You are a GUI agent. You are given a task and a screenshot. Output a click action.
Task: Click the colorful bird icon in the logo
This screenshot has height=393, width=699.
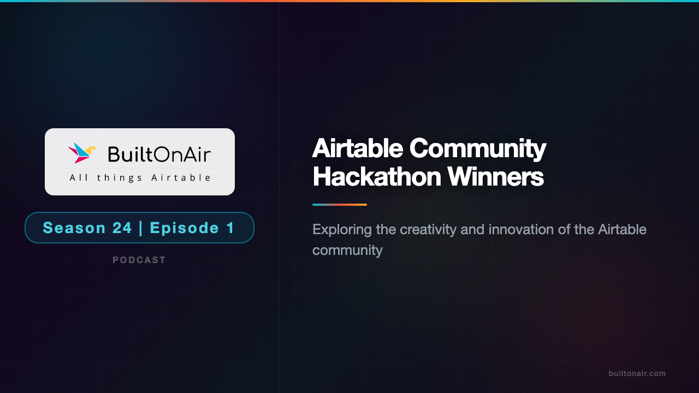coord(82,153)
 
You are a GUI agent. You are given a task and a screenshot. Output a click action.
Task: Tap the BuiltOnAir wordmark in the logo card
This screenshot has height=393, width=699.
coord(159,154)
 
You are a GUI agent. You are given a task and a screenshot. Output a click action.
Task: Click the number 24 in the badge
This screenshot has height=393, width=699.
coord(122,228)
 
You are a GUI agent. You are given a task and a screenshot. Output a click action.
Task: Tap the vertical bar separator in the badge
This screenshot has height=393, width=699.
coord(141,228)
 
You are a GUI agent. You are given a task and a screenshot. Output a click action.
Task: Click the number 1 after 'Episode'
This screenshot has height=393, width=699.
coord(231,228)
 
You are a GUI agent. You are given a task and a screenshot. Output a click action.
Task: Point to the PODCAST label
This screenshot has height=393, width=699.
coord(139,260)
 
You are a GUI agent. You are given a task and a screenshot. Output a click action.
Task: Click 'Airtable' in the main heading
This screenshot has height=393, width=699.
coord(357,148)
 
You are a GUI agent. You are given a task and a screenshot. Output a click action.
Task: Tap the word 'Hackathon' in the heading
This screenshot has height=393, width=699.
coord(376,176)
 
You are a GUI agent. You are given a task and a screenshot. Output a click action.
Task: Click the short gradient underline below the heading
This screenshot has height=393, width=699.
coord(339,205)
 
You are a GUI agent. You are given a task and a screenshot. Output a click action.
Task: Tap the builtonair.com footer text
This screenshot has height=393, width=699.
coord(637,373)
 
